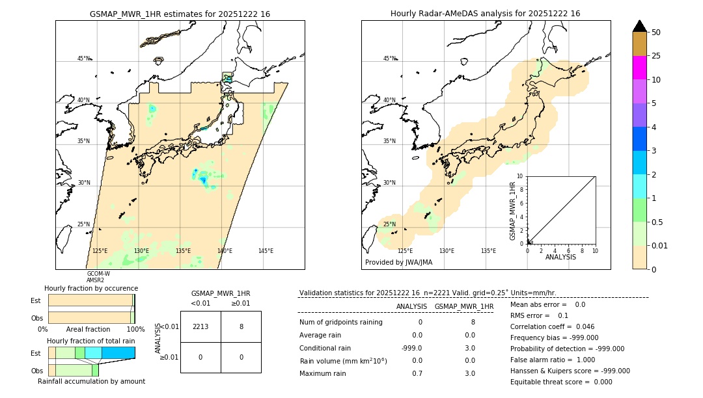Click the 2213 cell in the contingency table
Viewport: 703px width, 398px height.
[x=200, y=326]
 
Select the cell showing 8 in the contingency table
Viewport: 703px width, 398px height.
[x=241, y=326]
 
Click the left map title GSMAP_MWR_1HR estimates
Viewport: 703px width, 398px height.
[x=180, y=14]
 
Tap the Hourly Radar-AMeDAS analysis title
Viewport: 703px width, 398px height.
[x=485, y=14]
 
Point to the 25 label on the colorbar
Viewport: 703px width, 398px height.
[x=656, y=56]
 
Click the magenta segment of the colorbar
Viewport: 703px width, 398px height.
[x=639, y=68]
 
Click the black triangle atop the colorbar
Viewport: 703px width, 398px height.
[x=639, y=26]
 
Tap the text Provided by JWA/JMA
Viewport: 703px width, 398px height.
[x=398, y=263]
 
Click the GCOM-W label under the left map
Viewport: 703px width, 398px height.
[x=98, y=274]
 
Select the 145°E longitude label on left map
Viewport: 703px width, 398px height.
[x=266, y=251]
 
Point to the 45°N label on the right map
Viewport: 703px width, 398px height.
[x=389, y=59]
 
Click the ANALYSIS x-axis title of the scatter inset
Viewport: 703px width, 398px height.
[x=561, y=257]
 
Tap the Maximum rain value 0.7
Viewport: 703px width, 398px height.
[x=417, y=373]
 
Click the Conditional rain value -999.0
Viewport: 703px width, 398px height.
[x=412, y=347]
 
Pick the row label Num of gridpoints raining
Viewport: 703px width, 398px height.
[x=341, y=322]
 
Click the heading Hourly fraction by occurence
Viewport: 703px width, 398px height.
[x=91, y=288]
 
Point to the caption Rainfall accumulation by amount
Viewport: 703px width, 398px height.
[x=91, y=381]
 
